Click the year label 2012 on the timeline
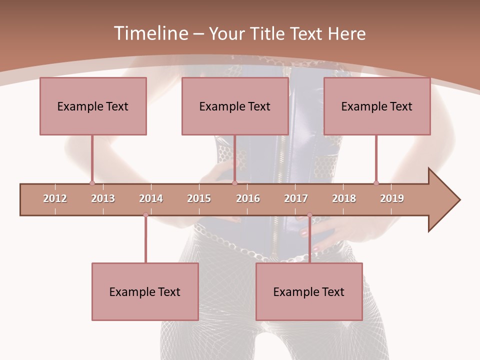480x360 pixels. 55,198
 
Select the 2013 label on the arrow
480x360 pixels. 103,198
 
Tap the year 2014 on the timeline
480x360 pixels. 151,198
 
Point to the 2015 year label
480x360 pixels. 199,198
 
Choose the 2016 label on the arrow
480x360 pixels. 248,198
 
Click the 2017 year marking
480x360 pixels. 296,198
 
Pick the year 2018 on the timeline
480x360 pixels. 344,198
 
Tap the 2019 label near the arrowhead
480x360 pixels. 392,198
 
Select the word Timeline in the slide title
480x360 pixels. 150,33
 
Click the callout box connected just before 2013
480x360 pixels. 93,106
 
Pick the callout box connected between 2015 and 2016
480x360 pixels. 235,106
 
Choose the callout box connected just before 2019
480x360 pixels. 377,106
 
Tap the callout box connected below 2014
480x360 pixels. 145,291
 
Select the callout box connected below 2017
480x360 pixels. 309,291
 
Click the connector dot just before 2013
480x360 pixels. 92,183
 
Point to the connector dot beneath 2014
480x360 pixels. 145,215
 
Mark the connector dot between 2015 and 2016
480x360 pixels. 234,183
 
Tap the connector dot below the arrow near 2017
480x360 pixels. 309,215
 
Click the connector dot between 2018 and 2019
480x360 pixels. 376,183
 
